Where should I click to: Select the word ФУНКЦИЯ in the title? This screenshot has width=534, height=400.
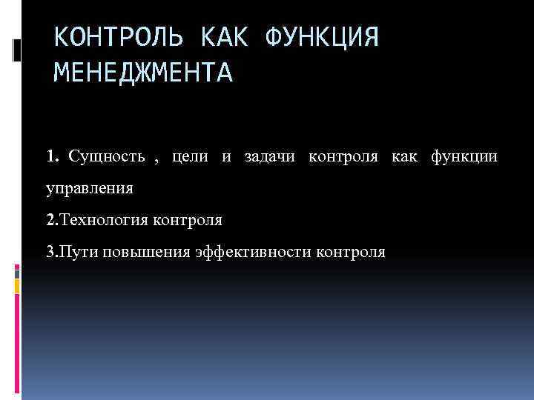[320, 37]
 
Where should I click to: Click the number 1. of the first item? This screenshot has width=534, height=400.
[52, 157]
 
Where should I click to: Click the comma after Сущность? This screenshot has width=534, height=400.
[156, 159]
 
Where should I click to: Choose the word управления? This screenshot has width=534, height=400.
[90, 189]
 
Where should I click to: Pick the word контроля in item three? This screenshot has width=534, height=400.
[350, 252]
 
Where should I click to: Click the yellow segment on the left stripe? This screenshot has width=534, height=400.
[17, 284]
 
